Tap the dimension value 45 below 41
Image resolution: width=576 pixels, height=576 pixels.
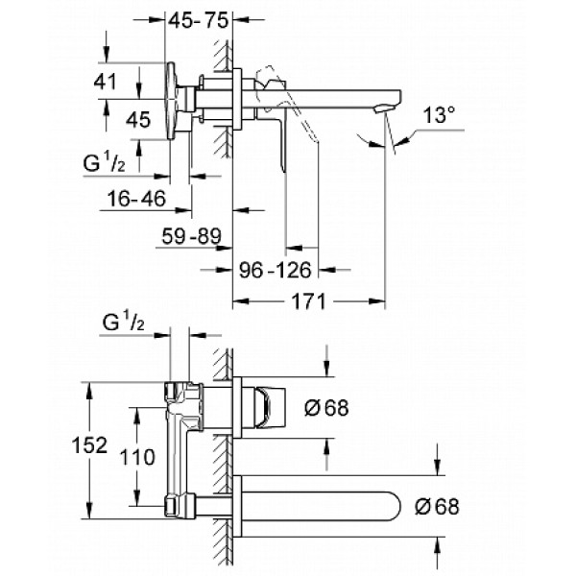point(139,120)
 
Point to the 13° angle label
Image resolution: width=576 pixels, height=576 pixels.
point(439,117)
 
